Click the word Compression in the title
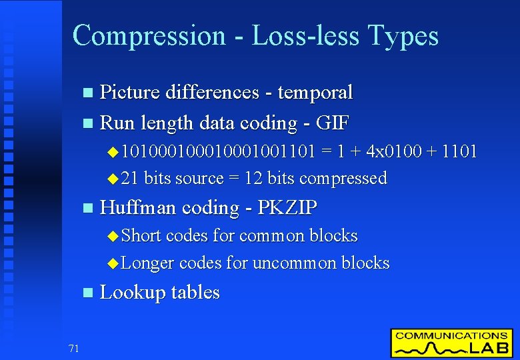pos(149,35)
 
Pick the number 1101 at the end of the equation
pos(461,151)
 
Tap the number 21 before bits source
pos(131,178)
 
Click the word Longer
pos(148,263)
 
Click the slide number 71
pos(73,347)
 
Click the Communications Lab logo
pos(451,343)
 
